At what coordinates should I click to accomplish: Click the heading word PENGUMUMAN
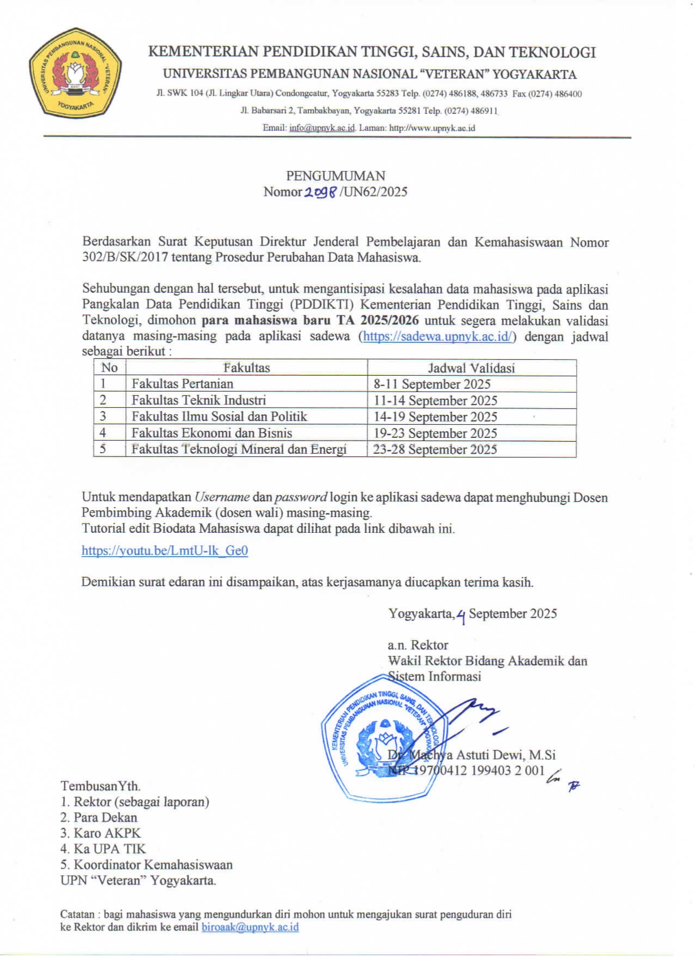[335, 176]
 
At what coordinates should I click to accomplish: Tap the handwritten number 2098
[321, 192]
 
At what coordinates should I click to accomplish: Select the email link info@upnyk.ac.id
[322, 128]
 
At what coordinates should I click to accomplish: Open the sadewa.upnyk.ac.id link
[437, 336]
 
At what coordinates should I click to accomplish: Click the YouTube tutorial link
[165, 550]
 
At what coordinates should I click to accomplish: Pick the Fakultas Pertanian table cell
[182, 384]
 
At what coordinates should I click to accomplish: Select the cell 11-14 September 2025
[435, 400]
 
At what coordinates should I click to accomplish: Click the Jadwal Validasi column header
[471, 368]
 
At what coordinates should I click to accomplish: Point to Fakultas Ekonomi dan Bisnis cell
[211, 433]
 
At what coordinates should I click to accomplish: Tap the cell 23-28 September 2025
[434, 449]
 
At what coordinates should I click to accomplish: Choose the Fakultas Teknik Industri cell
[198, 400]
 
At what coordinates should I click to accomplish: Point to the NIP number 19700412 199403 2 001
[480, 771]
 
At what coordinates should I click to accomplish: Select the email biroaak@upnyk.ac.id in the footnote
[250, 927]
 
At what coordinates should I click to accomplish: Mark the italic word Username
[222, 497]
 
